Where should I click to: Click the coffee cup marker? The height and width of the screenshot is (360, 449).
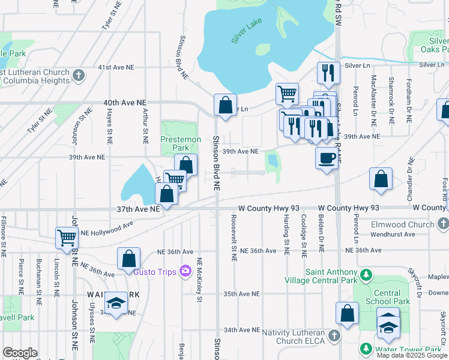pyautogui.click(x=326, y=158)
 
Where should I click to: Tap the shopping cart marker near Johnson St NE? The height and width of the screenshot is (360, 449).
pyautogui.click(x=67, y=238)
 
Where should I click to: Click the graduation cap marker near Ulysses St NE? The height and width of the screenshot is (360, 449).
pyautogui.click(x=116, y=303)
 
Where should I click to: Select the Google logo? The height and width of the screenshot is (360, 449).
pyautogui.click(x=20, y=353)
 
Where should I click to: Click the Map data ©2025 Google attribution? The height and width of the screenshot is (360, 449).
pyautogui.click(x=412, y=355)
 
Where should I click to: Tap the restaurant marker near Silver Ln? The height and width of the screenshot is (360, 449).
pyautogui.click(x=328, y=73)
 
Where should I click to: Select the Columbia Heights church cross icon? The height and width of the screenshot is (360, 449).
pyautogui.click(x=79, y=76)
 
